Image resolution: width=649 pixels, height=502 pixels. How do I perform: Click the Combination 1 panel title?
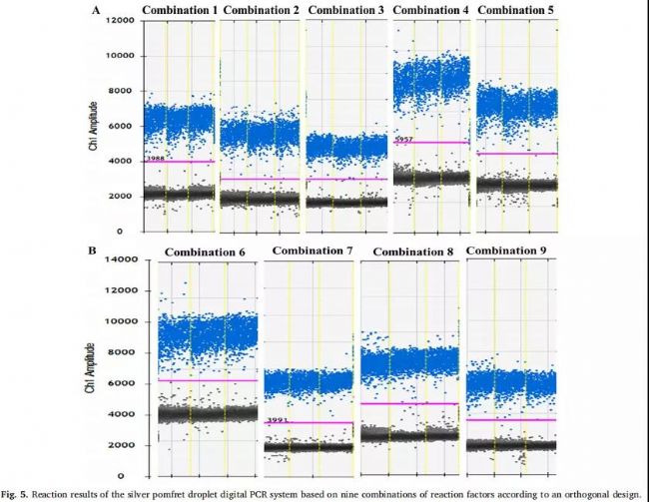pos(179,10)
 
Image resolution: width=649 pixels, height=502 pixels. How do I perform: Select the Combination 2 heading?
pos(261,10)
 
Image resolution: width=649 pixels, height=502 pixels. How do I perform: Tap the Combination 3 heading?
pos(346,10)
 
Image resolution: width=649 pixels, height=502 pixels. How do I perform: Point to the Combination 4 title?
pos(431,10)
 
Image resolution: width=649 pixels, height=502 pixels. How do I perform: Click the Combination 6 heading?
pos(206,252)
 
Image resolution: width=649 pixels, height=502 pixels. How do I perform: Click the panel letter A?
pos(96,10)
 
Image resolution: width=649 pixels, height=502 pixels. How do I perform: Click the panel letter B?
pos(93,251)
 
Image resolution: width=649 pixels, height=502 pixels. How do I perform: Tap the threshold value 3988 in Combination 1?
pos(155,159)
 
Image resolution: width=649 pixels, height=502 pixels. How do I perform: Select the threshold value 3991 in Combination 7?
pos(278,420)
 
